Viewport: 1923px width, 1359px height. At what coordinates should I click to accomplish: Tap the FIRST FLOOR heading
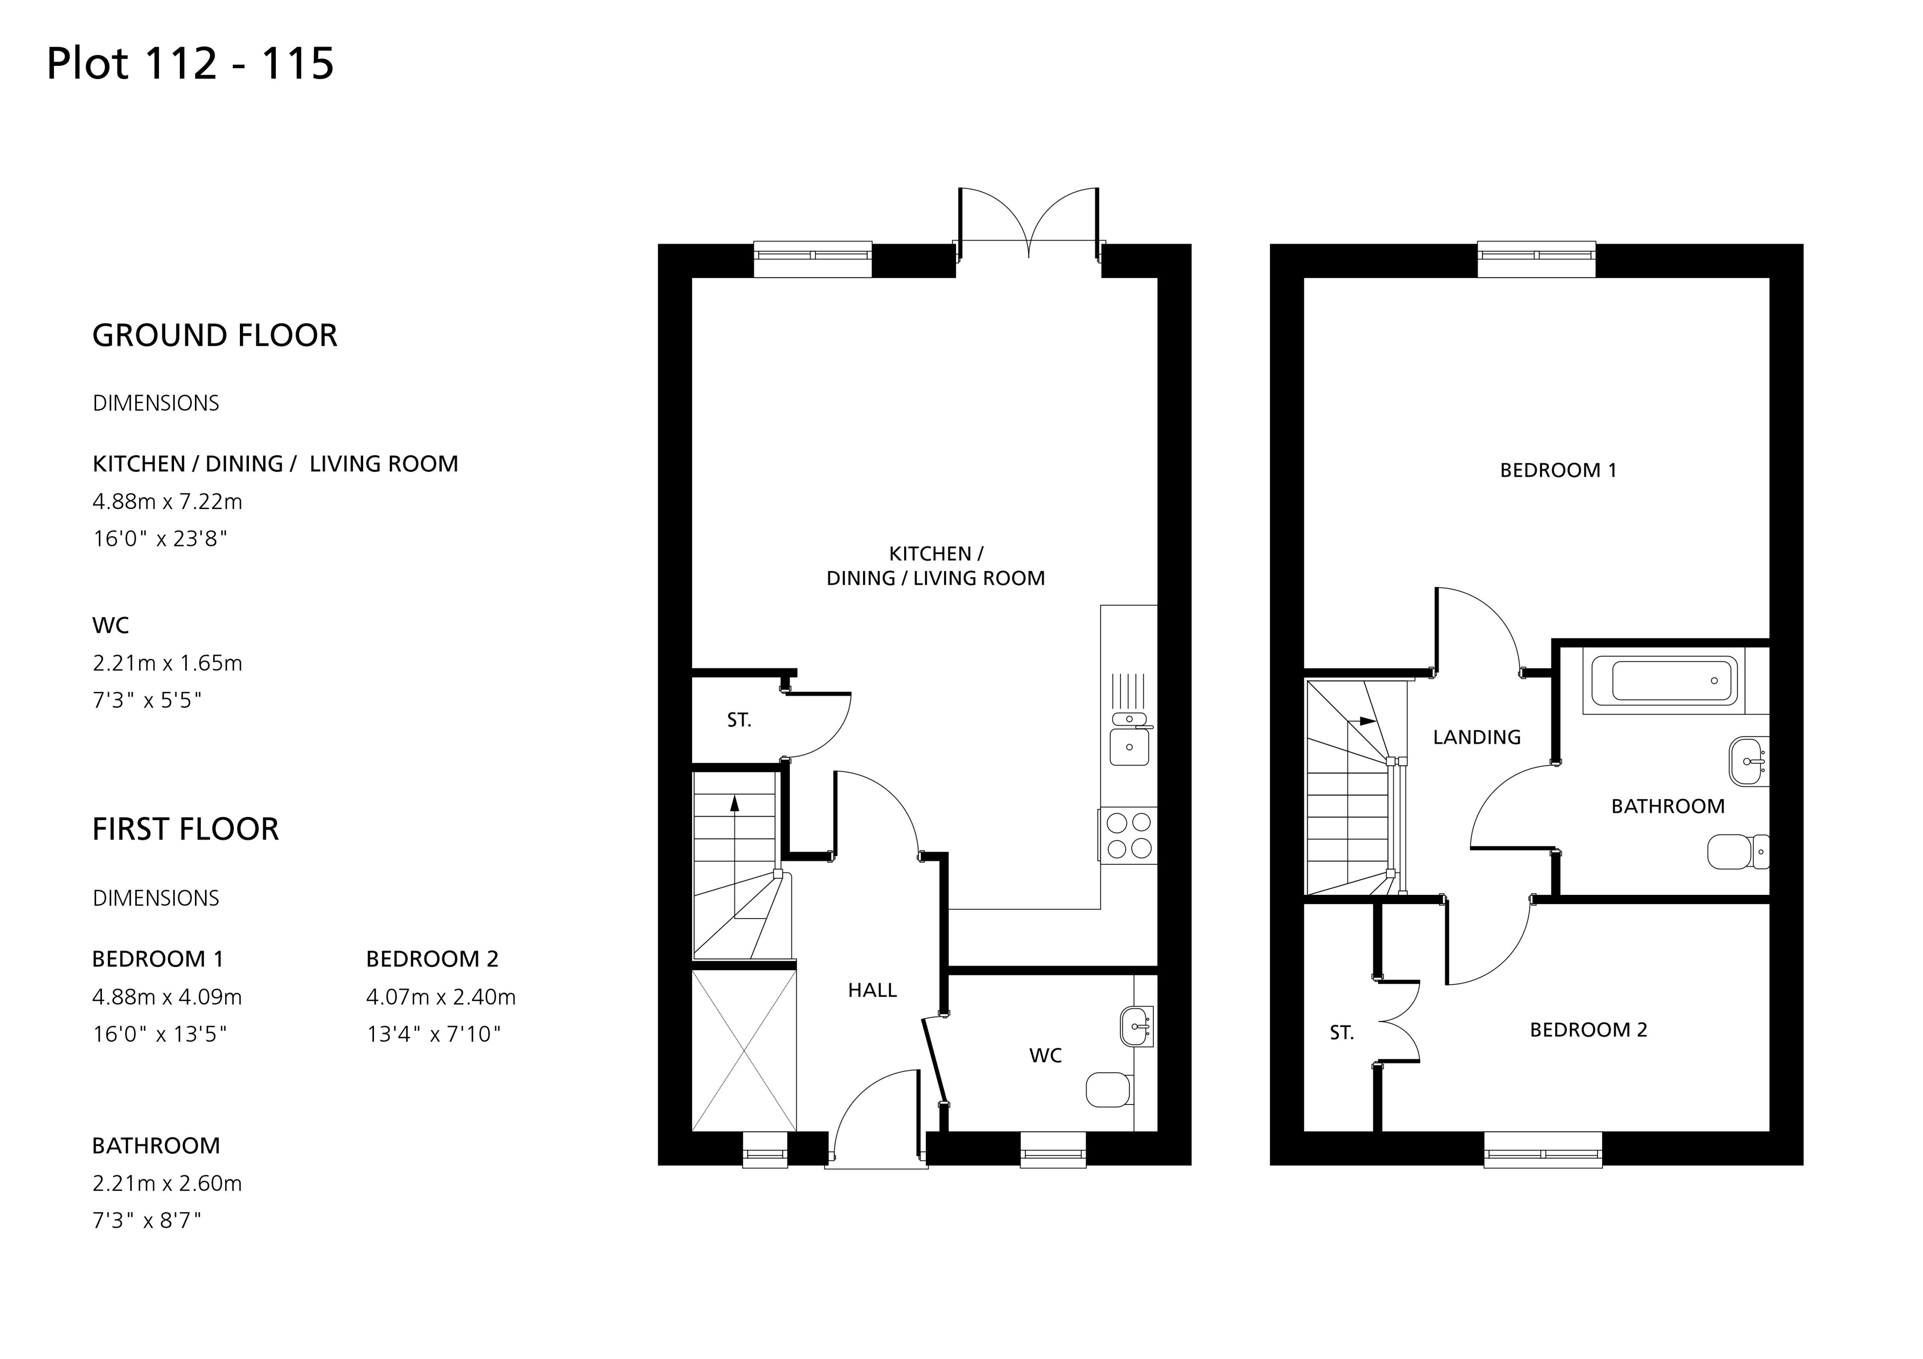(185, 829)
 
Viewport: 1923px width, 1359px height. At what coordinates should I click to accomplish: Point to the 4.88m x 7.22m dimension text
(167, 502)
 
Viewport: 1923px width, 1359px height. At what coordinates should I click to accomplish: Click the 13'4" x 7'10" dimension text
(433, 1034)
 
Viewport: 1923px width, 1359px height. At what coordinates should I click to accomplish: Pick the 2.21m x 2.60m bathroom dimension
(166, 1183)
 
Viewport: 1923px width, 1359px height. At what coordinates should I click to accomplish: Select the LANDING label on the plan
(1477, 738)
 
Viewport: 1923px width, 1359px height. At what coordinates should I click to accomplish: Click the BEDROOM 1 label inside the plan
(1558, 471)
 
